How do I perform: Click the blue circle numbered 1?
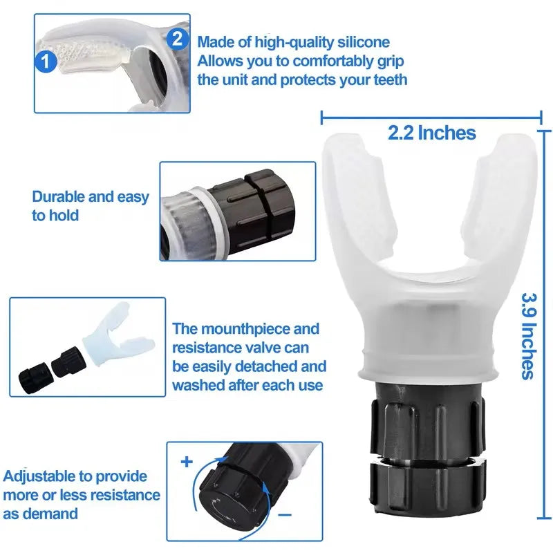tap(46, 64)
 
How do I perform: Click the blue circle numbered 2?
tap(177, 38)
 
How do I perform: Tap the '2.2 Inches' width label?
tap(432, 132)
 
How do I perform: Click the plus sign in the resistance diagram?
tap(186, 461)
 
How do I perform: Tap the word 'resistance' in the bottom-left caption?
tap(124, 495)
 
